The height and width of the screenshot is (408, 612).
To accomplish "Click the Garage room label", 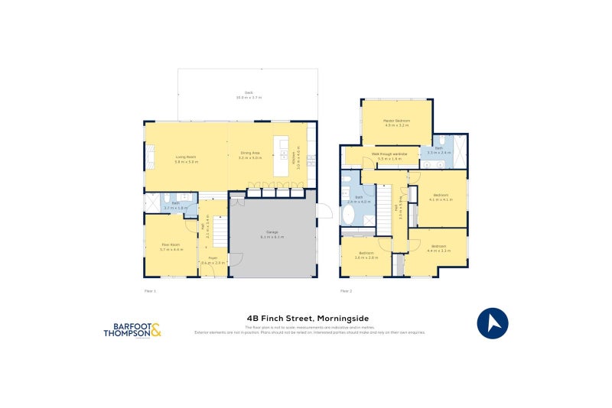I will click(272, 233).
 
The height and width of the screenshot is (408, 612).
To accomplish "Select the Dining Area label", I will click(250, 153).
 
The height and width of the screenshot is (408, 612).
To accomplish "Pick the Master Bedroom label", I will click(397, 121).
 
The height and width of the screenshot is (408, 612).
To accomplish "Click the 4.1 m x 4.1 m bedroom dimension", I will click(441, 199).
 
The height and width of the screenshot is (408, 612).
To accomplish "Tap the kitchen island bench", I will click(281, 157).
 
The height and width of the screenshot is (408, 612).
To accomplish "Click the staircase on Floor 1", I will click(219, 232).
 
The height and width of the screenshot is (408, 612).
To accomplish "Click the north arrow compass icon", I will click(493, 322).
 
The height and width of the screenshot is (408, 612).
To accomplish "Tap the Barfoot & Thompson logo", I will click(132, 330).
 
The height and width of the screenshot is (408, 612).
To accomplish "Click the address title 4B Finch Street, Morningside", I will click(308, 319).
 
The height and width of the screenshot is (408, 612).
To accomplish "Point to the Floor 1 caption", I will click(150, 291).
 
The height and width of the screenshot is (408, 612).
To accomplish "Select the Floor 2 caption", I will click(346, 291).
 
